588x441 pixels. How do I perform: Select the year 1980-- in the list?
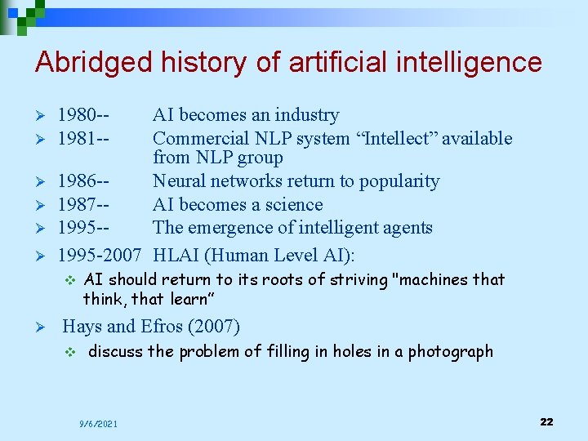tap(84, 115)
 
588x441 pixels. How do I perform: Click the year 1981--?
tap(84, 139)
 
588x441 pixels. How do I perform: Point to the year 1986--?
tap(84, 181)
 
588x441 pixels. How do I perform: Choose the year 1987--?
tap(84, 205)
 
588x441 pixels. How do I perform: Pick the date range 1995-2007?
tap(100, 255)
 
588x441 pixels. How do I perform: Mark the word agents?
tap(404, 228)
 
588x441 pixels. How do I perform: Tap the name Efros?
tap(162, 327)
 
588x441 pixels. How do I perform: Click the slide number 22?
tap(546, 421)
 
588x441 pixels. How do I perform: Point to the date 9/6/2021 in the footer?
tap(98, 424)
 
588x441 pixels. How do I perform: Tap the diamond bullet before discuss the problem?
tap(70, 353)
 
